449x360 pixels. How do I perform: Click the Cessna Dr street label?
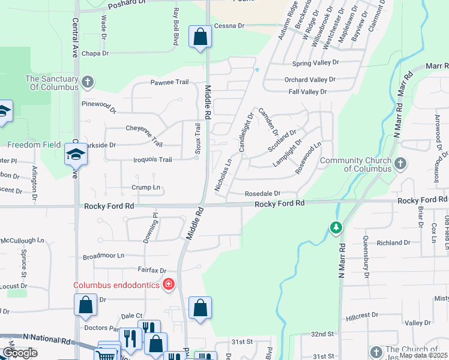click(x=233, y=26)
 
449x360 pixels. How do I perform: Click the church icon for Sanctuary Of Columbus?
click(x=88, y=81)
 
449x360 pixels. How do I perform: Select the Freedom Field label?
click(x=34, y=145)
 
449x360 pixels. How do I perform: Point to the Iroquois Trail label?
click(x=152, y=160)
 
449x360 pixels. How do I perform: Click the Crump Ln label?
click(x=146, y=187)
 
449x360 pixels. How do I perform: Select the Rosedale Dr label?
click(x=262, y=193)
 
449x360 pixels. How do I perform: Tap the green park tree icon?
click(x=336, y=228)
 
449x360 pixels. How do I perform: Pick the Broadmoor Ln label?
click(x=103, y=255)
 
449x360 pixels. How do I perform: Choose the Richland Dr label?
click(x=393, y=243)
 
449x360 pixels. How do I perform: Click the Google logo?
click(x=20, y=353)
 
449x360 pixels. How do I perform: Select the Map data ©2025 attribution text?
click(x=423, y=355)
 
